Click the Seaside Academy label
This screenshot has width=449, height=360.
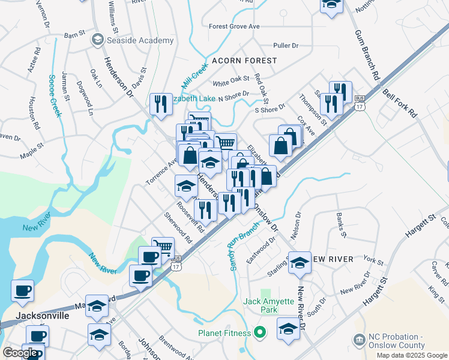[x=140, y=41]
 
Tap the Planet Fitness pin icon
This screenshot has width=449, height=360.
[x=260, y=332]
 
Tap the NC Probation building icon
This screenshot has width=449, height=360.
[x=359, y=341]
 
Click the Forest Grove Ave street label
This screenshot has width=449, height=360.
[x=234, y=26]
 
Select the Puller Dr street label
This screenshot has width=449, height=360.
[x=286, y=46]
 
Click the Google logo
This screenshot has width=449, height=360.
[x=20, y=353]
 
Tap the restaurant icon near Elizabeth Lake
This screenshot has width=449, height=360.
[x=160, y=104]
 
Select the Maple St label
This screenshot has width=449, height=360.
[x=32, y=149]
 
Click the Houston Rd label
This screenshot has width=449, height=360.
[x=34, y=118]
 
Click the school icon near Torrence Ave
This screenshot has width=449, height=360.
[x=186, y=187]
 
